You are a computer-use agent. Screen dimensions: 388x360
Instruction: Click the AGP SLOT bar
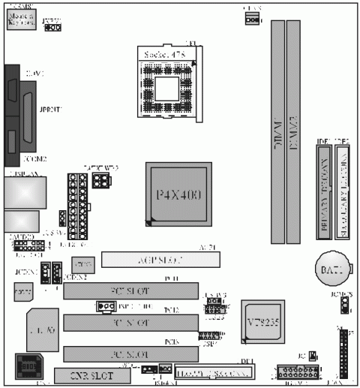160,260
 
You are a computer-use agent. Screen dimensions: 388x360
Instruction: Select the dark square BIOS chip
27,367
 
